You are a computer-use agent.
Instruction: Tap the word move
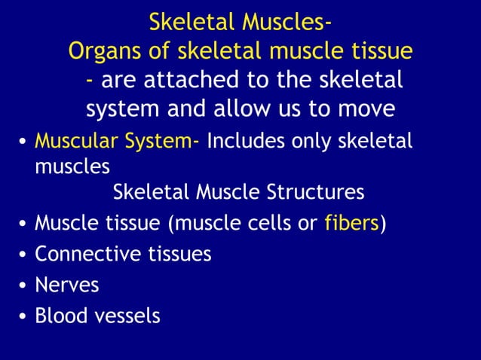click(366, 109)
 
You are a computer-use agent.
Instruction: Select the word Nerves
click(67, 285)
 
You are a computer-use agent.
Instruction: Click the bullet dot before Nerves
click(24, 286)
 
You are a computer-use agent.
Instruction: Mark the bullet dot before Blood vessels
click(24, 316)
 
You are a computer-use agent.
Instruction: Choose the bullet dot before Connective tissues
click(24, 255)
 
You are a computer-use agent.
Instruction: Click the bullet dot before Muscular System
click(24, 142)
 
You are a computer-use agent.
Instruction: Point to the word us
click(300, 109)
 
